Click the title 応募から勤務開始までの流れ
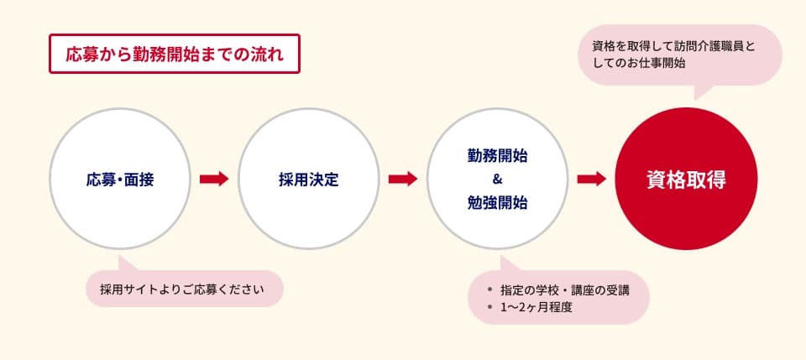(175, 54)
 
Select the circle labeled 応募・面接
(120, 179)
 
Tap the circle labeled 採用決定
(309, 179)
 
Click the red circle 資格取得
(686, 179)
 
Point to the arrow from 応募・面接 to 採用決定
(214, 179)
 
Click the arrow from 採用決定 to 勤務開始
(403, 179)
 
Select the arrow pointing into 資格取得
(592, 179)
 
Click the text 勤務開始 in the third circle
(498, 156)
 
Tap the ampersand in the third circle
(497, 180)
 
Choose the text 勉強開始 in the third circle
(498, 202)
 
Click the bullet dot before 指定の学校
(489, 290)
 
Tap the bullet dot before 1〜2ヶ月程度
(489, 307)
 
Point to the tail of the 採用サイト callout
(126, 264)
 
